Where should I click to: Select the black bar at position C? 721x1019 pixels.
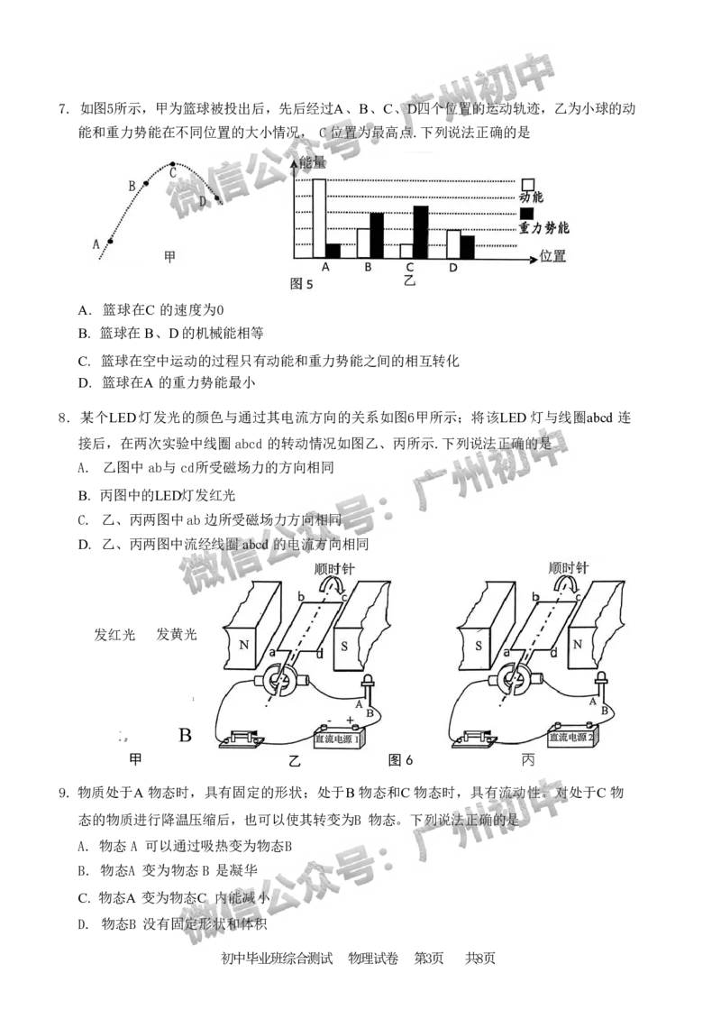coord(421,232)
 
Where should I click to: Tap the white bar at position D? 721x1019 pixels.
coord(453,244)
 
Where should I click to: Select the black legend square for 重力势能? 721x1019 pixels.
coord(528,213)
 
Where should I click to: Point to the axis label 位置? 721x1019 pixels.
coord(553,256)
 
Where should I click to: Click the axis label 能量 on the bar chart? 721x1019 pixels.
coord(312,164)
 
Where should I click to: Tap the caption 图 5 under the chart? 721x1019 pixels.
coord(301,283)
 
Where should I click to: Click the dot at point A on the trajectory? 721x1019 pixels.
coord(111,241)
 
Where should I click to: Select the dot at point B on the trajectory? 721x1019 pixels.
coord(146,183)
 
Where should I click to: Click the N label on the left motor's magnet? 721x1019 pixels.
coord(243,647)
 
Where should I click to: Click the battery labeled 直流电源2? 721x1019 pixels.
coord(563,738)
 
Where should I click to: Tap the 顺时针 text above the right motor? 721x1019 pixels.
coord(569,568)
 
